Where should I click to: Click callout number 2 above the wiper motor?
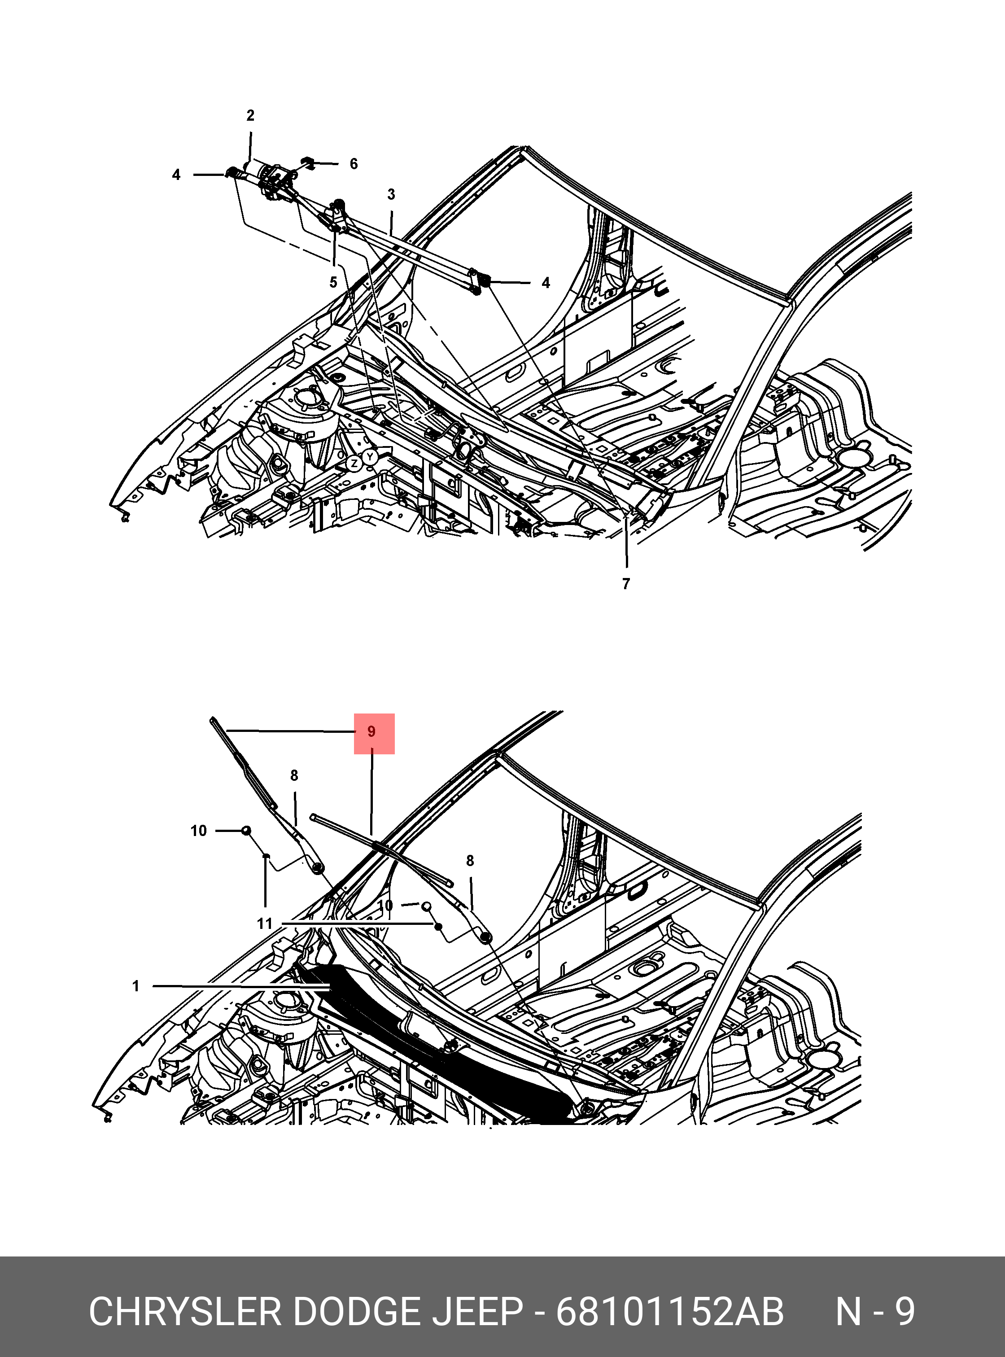click(250, 116)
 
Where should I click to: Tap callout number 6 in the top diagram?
click(354, 164)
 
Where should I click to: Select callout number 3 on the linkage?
click(391, 194)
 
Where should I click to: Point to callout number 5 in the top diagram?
click(333, 282)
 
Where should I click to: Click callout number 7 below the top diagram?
click(626, 583)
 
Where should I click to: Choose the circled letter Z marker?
click(354, 464)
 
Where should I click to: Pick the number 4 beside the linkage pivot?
click(546, 283)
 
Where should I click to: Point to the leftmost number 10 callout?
click(198, 831)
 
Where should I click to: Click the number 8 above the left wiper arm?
click(294, 776)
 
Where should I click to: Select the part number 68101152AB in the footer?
click(670, 1311)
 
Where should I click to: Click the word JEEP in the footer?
click(477, 1311)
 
